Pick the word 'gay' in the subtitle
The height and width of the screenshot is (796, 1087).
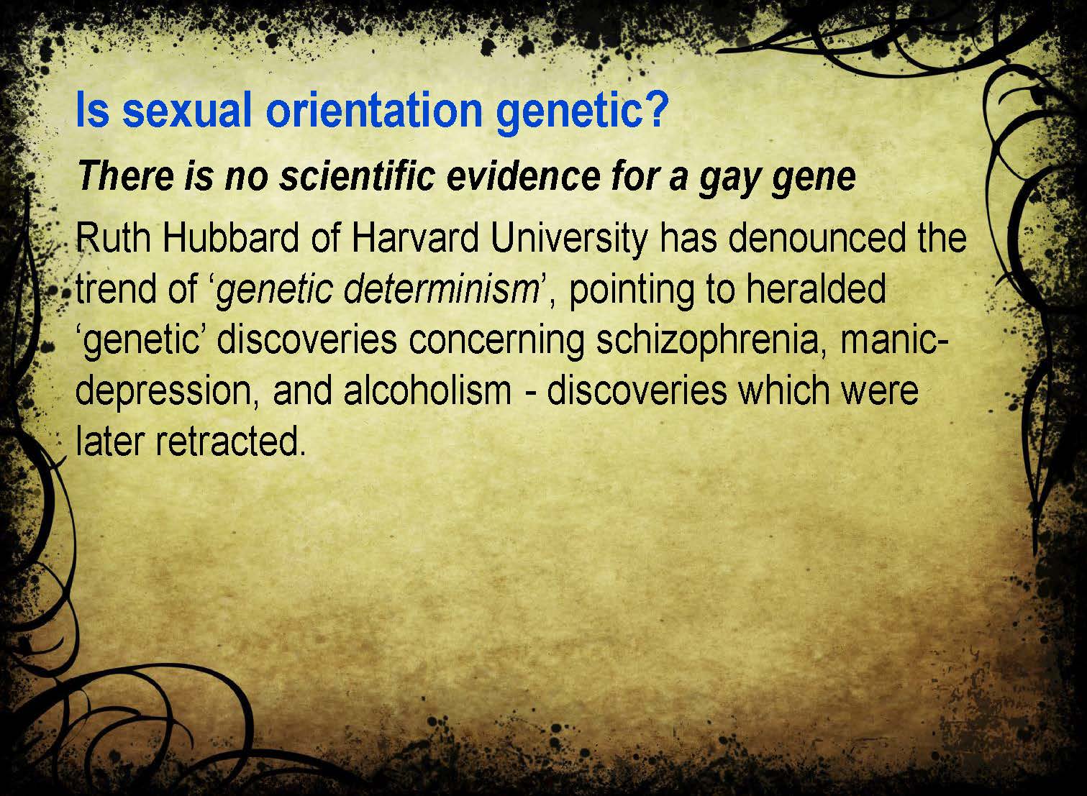coord(729,180)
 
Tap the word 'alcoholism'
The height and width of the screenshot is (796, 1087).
coord(427,390)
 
